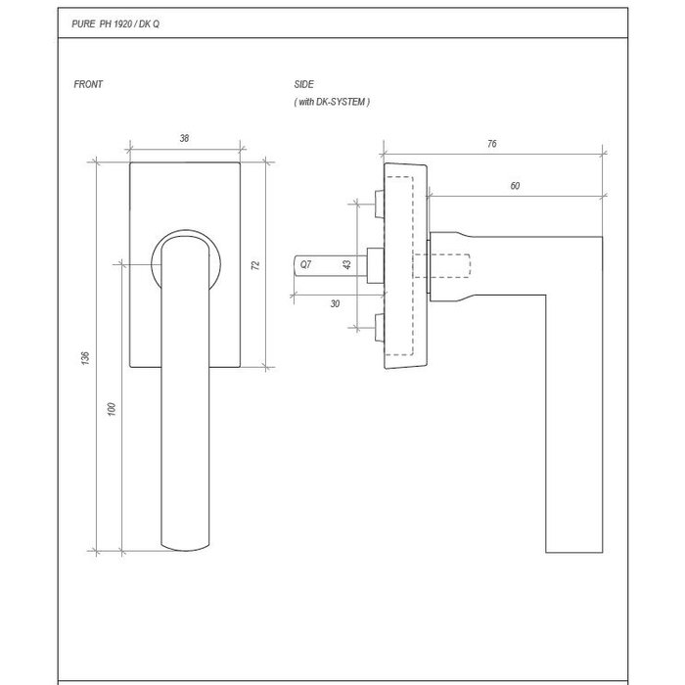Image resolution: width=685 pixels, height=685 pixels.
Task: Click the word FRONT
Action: click(88, 85)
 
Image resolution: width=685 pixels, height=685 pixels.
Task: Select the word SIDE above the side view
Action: click(303, 85)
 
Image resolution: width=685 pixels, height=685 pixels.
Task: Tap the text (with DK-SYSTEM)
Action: click(332, 101)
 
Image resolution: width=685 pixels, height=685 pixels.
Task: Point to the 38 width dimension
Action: click(184, 139)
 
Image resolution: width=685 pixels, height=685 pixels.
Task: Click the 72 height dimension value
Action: click(255, 264)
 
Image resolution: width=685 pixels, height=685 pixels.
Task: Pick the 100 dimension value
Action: click(112, 407)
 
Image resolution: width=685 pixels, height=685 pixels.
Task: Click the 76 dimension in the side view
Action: click(491, 144)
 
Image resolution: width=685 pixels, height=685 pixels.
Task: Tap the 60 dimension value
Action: click(515, 185)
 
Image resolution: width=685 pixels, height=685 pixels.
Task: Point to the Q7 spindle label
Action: click(305, 265)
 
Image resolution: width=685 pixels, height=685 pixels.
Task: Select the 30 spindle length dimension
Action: click(335, 303)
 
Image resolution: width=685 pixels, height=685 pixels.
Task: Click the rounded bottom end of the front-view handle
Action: click(184, 540)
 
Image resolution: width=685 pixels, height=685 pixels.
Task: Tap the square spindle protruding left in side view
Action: click(329, 266)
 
